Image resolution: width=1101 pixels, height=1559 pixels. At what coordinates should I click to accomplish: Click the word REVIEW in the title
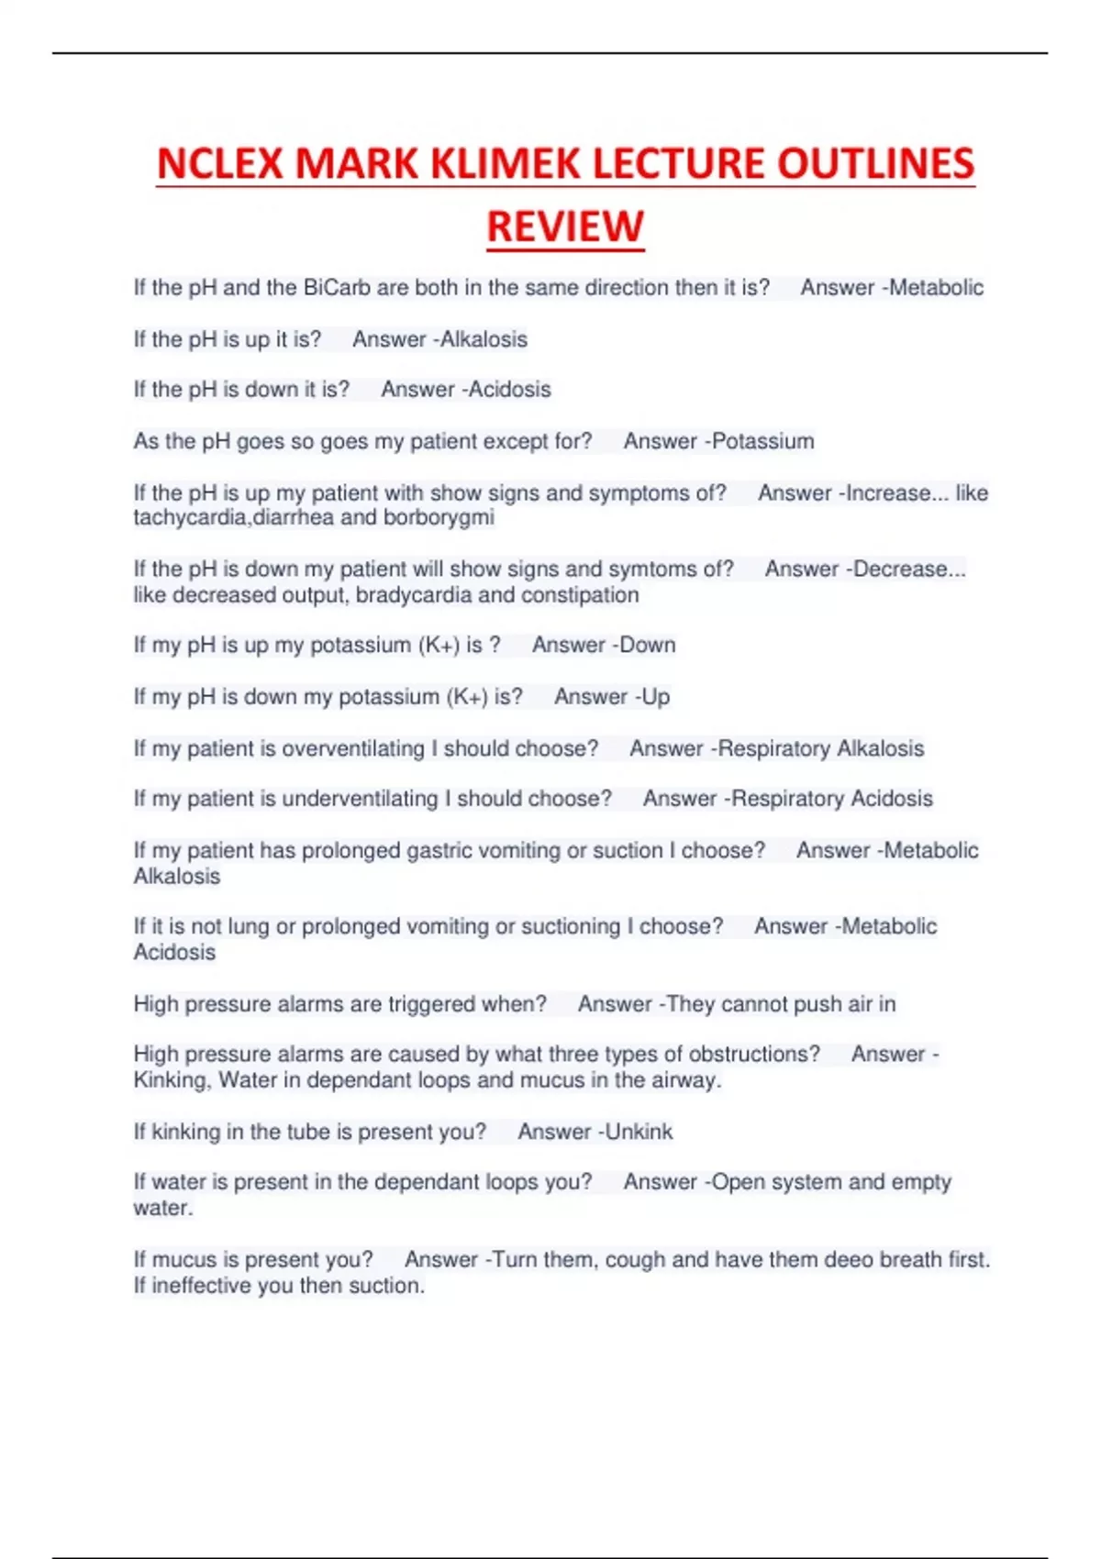click(565, 227)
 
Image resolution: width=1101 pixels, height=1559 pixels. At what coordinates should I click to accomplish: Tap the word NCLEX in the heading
click(219, 164)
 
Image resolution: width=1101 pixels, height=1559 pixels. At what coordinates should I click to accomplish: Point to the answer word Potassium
click(762, 441)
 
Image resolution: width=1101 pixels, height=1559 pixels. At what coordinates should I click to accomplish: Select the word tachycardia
click(190, 517)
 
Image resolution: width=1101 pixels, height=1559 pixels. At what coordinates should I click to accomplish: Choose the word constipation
click(567, 595)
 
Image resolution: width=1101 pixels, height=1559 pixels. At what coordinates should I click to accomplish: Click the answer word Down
click(647, 646)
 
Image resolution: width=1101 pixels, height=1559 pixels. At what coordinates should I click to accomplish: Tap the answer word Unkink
click(639, 1132)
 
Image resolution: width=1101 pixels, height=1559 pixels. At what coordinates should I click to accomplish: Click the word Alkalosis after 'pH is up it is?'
click(484, 339)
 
